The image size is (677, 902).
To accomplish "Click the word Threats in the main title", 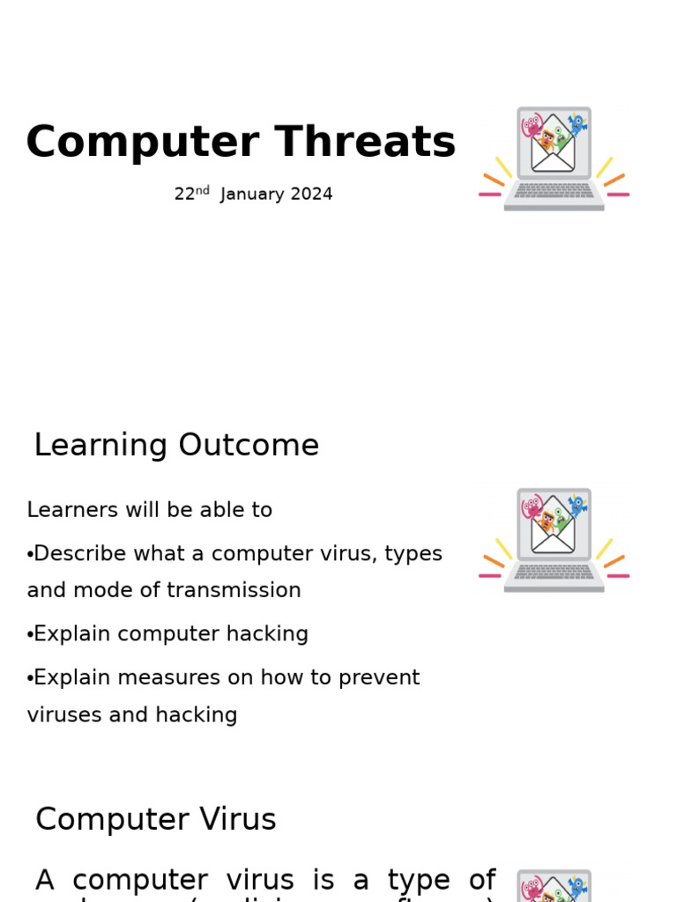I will pos(365,143).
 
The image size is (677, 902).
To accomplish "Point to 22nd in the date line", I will pos(191,194).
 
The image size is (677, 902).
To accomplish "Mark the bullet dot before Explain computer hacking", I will pos(29,635).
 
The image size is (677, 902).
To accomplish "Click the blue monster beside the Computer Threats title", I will pos(577,123).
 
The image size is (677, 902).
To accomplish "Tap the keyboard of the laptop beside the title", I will pos(554,190).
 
